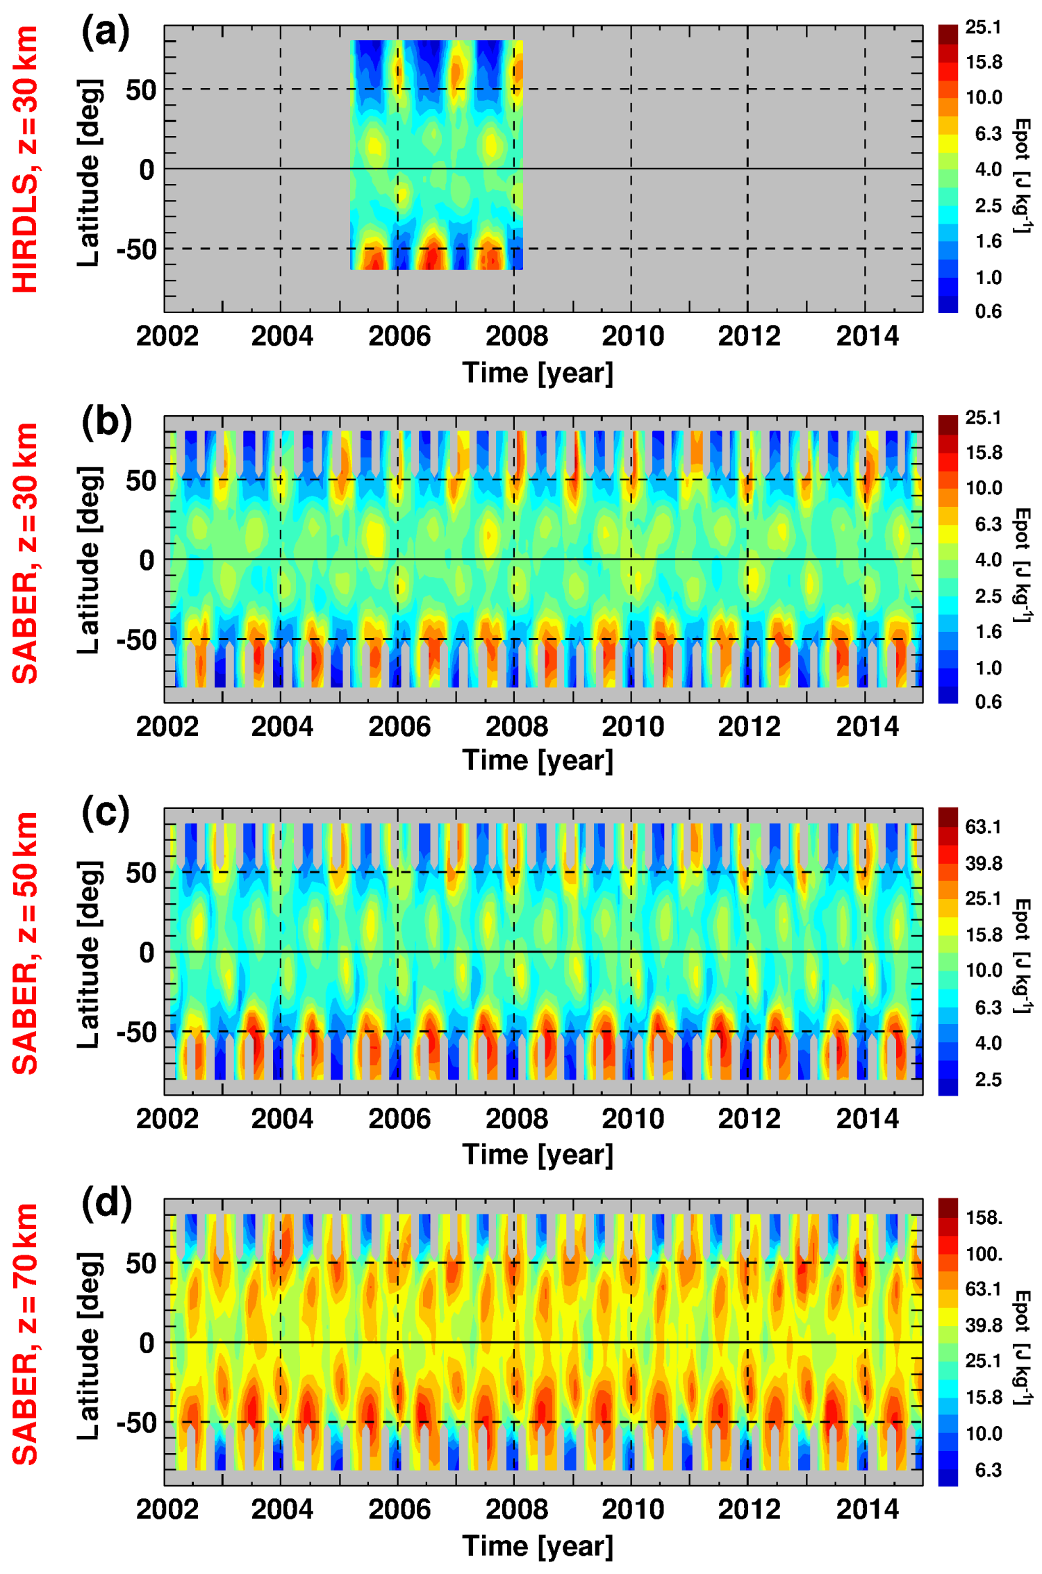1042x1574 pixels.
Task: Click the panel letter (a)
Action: coord(106,33)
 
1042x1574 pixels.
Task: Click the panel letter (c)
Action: coord(106,813)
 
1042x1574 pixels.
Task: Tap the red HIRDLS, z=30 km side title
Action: coord(26,160)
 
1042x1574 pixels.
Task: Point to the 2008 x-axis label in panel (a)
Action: coord(516,336)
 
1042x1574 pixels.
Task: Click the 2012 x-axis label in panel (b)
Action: coord(749,726)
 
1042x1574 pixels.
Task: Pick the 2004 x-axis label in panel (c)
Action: coord(282,1119)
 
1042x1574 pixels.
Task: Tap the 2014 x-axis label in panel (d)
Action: coord(867,1509)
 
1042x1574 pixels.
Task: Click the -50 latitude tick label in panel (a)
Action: coord(136,249)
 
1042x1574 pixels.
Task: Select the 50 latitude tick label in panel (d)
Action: coord(141,1263)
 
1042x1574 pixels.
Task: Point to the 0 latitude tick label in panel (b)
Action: coord(147,560)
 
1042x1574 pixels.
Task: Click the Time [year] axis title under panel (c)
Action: coord(538,1155)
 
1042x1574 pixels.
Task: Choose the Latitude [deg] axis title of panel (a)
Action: coord(89,172)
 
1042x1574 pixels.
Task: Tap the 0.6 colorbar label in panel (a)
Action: coord(988,311)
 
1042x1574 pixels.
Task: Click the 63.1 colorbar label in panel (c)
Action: coord(983,827)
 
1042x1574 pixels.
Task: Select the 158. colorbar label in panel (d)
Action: coord(984,1218)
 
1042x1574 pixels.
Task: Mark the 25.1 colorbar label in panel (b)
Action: coord(983,418)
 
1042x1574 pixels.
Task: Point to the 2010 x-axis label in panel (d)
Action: coord(633,1509)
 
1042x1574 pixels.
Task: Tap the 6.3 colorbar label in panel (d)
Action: coord(988,1469)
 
